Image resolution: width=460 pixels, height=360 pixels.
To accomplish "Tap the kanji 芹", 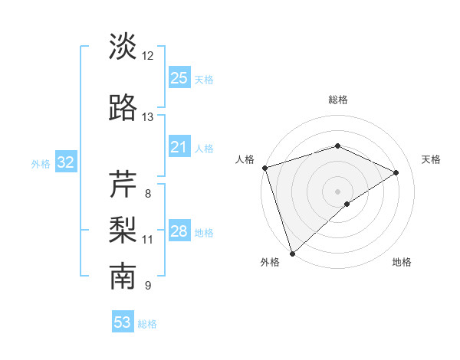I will tap(123, 184).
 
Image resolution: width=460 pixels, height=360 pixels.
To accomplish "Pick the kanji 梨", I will tap(123, 230).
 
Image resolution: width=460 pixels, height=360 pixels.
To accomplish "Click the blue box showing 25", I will tap(179, 77).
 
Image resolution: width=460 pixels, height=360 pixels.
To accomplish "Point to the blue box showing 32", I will tap(65, 162).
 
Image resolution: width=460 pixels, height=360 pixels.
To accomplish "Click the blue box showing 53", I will tap(123, 322).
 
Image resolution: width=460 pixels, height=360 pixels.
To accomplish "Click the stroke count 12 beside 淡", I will tap(147, 55).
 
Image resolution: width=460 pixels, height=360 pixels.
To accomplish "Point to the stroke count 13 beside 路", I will tap(147, 116).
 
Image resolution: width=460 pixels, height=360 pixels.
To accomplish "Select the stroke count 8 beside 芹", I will tap(147, 193).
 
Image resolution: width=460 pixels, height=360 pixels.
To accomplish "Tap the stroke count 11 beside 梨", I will tap(147, 240).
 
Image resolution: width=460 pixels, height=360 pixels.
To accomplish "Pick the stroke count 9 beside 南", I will tap(147, 286).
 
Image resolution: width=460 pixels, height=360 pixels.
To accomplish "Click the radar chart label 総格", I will tap(337, 100).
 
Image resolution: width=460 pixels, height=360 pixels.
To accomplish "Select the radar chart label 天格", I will tap(431, 159).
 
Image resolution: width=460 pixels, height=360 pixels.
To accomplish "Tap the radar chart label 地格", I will tap(402, 263).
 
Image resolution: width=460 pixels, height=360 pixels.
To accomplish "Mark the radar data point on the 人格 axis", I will tap(264, 167).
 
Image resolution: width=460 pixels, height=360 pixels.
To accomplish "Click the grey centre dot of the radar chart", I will tap(337, 191).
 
